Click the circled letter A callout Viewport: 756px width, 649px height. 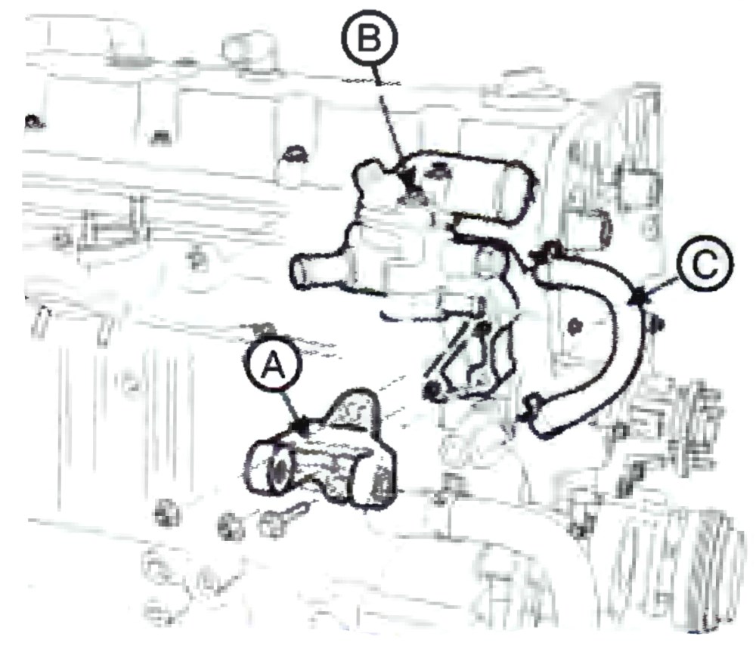tap(273, 368)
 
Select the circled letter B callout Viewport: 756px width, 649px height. tap(370, 38)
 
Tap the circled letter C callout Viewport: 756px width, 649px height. tap(705, 264)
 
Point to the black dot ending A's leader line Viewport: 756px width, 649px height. tap(302, 426)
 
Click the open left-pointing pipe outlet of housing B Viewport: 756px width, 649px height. tap(300, 272)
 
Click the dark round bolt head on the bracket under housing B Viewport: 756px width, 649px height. tap(432, 391)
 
